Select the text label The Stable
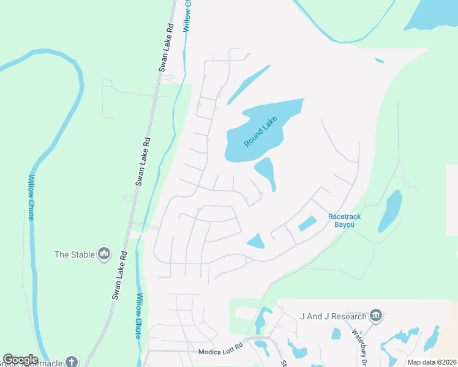(74, 254)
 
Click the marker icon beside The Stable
(103, 254)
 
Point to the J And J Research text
(333, 316)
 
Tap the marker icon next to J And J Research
(376, 316)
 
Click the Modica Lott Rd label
(220, 352)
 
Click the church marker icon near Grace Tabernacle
(72, 361)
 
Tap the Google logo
(20, 360)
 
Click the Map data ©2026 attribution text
(432, 362)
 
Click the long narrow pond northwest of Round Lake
(248, 85)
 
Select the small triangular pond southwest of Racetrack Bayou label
(257, 241)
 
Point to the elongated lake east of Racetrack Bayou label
(390, 211)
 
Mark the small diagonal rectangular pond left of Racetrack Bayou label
(307, 223)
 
